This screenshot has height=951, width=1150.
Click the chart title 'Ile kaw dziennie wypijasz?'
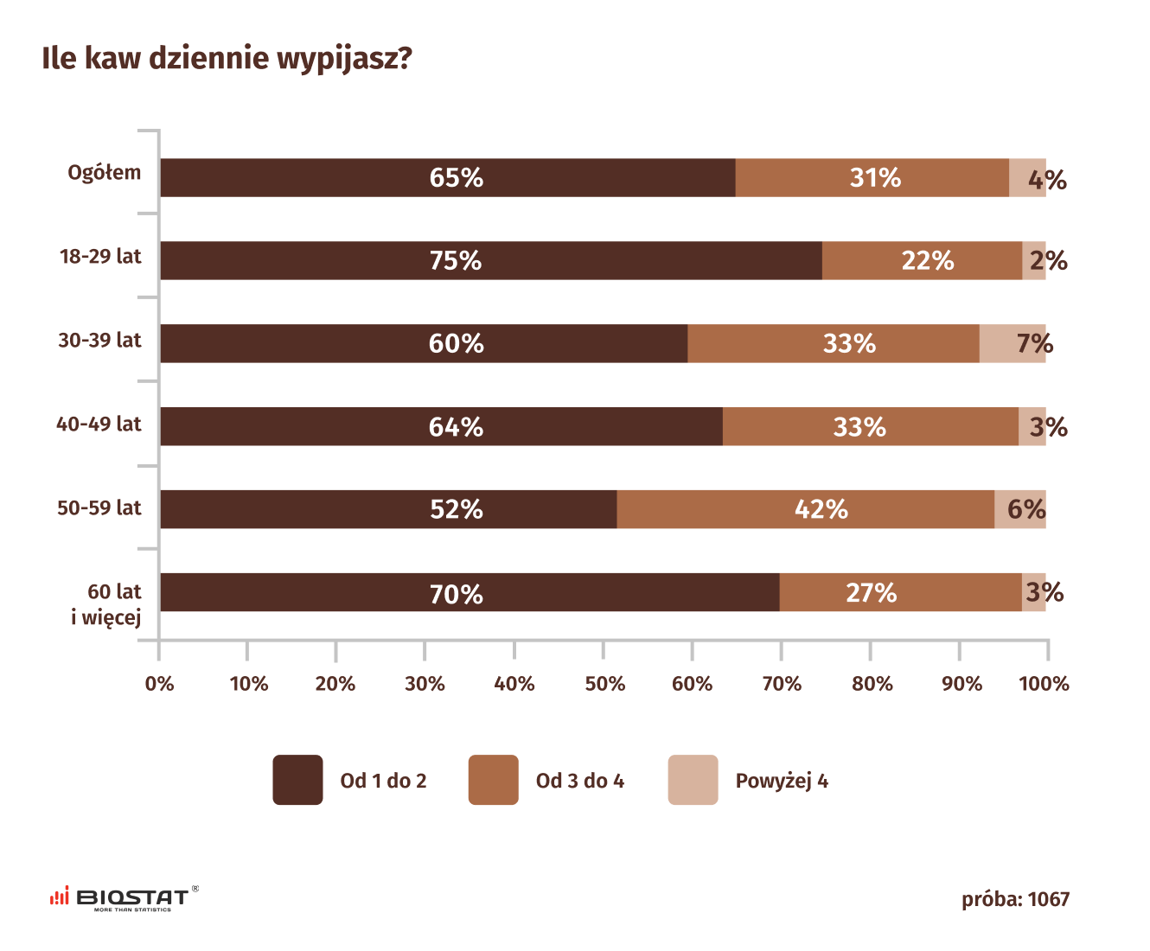pyautogui.click(x=227, y=59)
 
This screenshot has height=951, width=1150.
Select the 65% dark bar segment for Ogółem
pyautogui.click(x=448, y=178)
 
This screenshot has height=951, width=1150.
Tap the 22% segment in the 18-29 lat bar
pyautogui.click(x=922, y=260)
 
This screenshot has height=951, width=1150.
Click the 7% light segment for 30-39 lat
pyautogui.click(x=1013, y=343)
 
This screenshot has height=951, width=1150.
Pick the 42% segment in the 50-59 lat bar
pyautogui.click(x=806, y=509)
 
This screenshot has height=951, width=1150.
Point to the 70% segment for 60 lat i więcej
pyautogui.click(x=470, y=592)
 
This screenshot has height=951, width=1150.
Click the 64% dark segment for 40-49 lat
pyautogui.click(x=441, y=426)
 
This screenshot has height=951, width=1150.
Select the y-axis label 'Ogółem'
pyautogui.click(x=105, y=173)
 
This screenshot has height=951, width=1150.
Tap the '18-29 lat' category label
pyautogui.click(x=100, y=257)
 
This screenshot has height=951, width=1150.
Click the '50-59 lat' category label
pyautogui.click(x=99, y=508)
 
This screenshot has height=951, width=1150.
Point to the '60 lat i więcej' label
pyautogui.click(x=107, y=603)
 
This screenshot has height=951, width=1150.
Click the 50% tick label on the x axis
pyautogui.click(x=604, y=684)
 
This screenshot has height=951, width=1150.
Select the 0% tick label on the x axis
pyautogui.click(x=160, y=684)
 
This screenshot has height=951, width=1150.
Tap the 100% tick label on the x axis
pyautogui.click(x=1044, y=684)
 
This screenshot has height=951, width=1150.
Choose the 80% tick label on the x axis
pyautogui.click(x=872, y=684)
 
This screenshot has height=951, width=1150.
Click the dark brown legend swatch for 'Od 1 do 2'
pyautogui.click(x=297, y=780)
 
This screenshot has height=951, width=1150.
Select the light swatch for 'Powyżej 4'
pyautogui.click(x=693, y=780)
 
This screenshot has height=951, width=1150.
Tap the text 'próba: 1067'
pyautogui.click(x=1015, y=900)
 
